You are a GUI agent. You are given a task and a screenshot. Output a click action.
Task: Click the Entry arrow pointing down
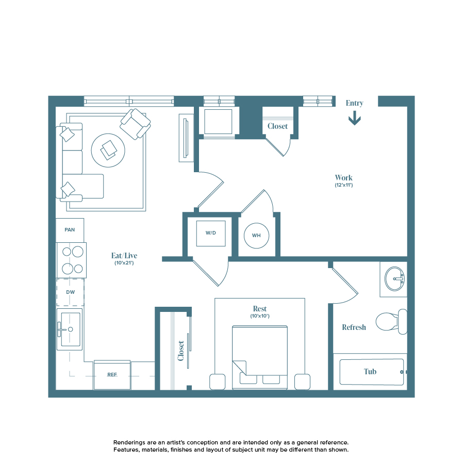click(354, 120)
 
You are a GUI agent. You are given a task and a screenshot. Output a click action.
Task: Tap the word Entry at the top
click(354, 103)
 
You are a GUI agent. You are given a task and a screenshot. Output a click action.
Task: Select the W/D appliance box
click(211, 233)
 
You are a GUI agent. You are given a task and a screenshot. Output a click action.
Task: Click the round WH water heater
click(256, 236)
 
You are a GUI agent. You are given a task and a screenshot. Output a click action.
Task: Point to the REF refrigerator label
click(112, 375)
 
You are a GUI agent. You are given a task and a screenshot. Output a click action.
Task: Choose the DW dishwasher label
click(70, 292)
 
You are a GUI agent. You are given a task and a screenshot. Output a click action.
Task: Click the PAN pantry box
click(70, 230)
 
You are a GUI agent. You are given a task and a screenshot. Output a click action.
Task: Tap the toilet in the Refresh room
click(390, 322)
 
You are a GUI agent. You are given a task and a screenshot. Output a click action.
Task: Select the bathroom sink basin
click(395, 278)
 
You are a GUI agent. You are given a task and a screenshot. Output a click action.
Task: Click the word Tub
click(370, 371)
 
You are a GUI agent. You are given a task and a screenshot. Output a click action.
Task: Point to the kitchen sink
click(71, 329)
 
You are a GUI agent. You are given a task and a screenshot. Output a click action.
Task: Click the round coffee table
click(108, 150)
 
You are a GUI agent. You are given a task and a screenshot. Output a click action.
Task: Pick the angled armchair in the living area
click(135, 123)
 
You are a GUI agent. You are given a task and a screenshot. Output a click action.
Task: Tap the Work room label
click(343, 178)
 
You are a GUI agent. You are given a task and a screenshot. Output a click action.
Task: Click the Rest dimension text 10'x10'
click(260, 316)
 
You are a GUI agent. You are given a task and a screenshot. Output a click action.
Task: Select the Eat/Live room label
click(124, 255)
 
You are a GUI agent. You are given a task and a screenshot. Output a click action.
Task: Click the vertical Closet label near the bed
click(181, 351)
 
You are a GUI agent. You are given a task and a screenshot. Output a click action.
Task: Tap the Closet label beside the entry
click(277, 126)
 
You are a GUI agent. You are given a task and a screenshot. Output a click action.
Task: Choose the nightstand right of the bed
click(302, 382)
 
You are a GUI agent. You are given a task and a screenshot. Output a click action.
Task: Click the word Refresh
click(354, 327)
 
